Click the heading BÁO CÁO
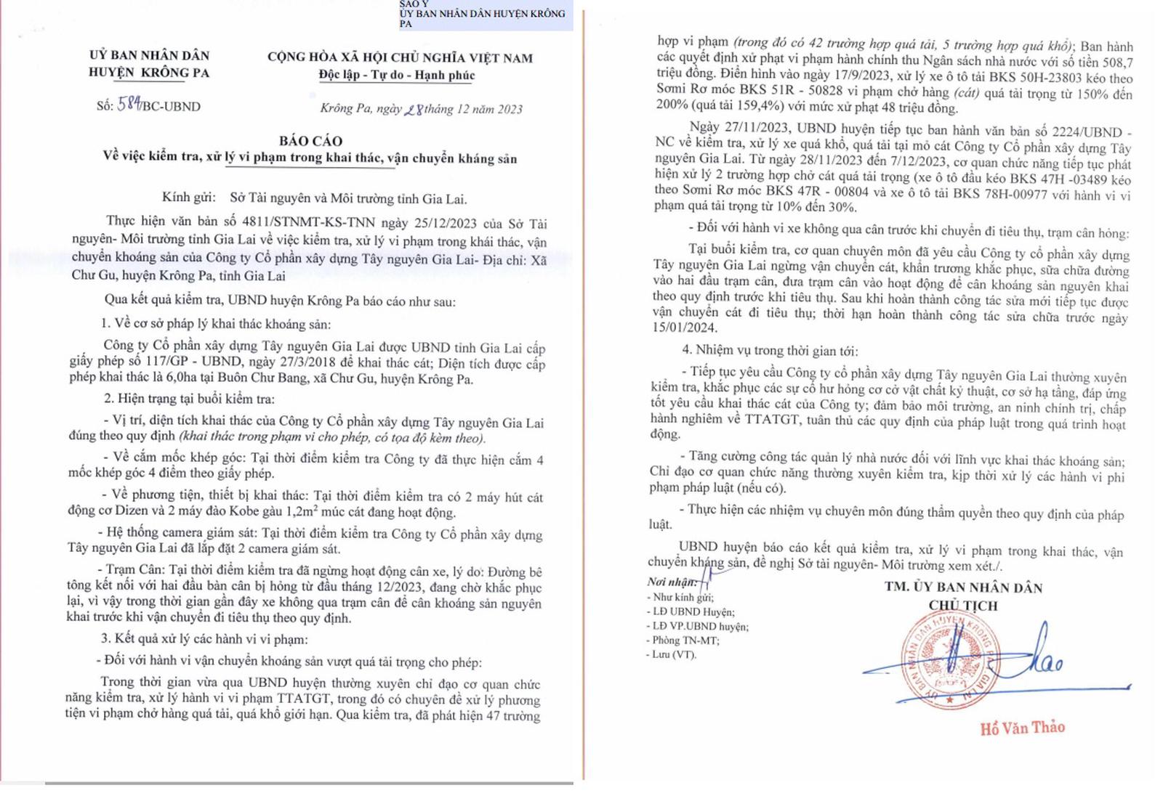310,141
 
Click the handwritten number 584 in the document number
129,105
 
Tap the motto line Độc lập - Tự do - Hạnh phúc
396,75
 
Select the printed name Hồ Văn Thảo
1022,728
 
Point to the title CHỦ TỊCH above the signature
963,605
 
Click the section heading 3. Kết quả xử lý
204,639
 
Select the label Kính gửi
188,198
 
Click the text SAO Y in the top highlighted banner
414,4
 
